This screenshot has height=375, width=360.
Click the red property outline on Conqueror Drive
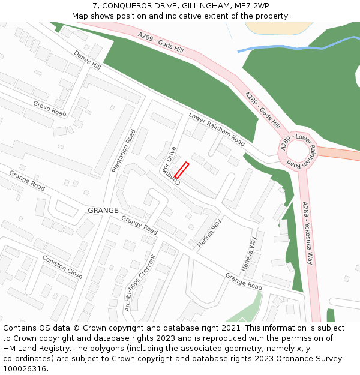tap(182, 170)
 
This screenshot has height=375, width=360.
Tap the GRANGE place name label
tap(103, 211)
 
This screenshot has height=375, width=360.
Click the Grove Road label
tap(49, 109)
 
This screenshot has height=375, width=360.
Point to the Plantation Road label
tap(124, 151)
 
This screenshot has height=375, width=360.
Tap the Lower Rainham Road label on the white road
tap(217, 129)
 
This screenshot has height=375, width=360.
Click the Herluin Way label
tap(209, 233)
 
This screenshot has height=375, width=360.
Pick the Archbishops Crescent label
tap(139, 283)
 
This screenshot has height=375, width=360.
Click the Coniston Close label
tap(62, 267)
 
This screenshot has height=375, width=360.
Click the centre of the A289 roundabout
tap(298, 151)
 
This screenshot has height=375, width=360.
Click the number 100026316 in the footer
tap(24, 368)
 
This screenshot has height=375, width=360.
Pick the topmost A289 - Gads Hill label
tap(160, 44)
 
